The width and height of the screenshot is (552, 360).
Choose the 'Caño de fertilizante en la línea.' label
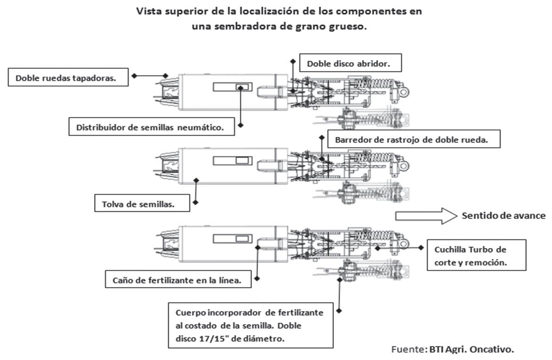(x=177, y=281)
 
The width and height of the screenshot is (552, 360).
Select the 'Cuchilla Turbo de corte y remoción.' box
(x=475, y=256)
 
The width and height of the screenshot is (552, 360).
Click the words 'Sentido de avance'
(x=503, y=216)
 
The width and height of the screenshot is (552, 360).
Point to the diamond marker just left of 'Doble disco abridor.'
(x=292, y=62)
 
